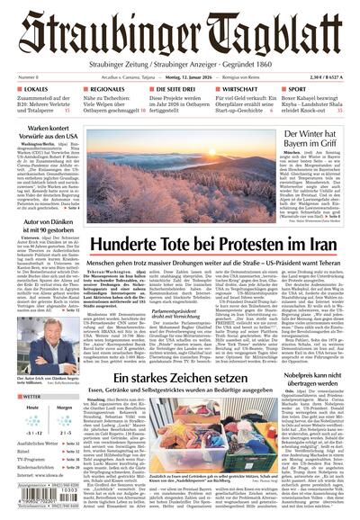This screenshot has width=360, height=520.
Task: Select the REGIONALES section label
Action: pos(105,90)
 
